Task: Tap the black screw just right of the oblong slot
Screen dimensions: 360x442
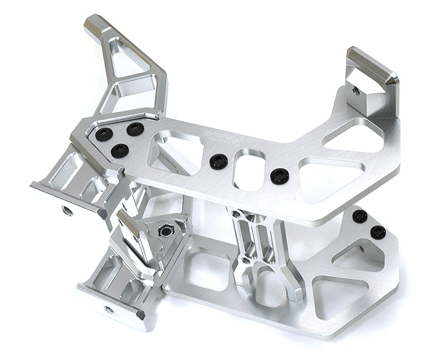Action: (x=280, y=176)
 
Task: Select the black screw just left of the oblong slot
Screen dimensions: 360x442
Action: (x=219, y=161)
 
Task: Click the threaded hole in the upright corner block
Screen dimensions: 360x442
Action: (x=355, y=90)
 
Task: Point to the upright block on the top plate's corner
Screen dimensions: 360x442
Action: (x=371, y=83)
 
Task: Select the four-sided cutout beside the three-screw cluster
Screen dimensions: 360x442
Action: (x=176, y=150)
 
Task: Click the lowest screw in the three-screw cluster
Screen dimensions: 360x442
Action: (x=119, y=150)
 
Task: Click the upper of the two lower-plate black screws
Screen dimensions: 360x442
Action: (x=360, y=216)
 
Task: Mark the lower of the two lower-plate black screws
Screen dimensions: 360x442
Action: (x=378, y=232)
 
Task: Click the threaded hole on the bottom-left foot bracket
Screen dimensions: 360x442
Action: (x=109, y=309)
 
